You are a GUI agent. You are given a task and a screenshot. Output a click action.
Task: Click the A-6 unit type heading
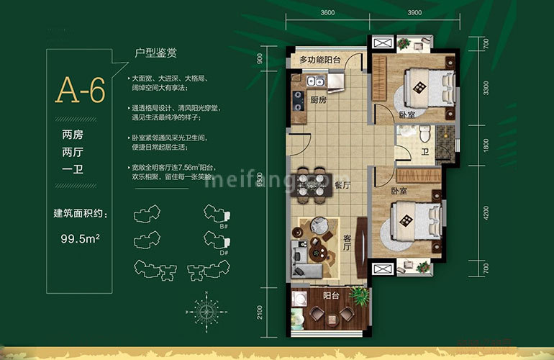[x=81, y=91]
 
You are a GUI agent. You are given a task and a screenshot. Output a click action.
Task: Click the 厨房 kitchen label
[x=318, y=100]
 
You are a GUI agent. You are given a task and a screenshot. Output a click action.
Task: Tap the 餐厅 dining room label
[x=342, y=184]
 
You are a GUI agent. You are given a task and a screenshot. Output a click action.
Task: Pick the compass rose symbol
[x=209, y=310]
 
